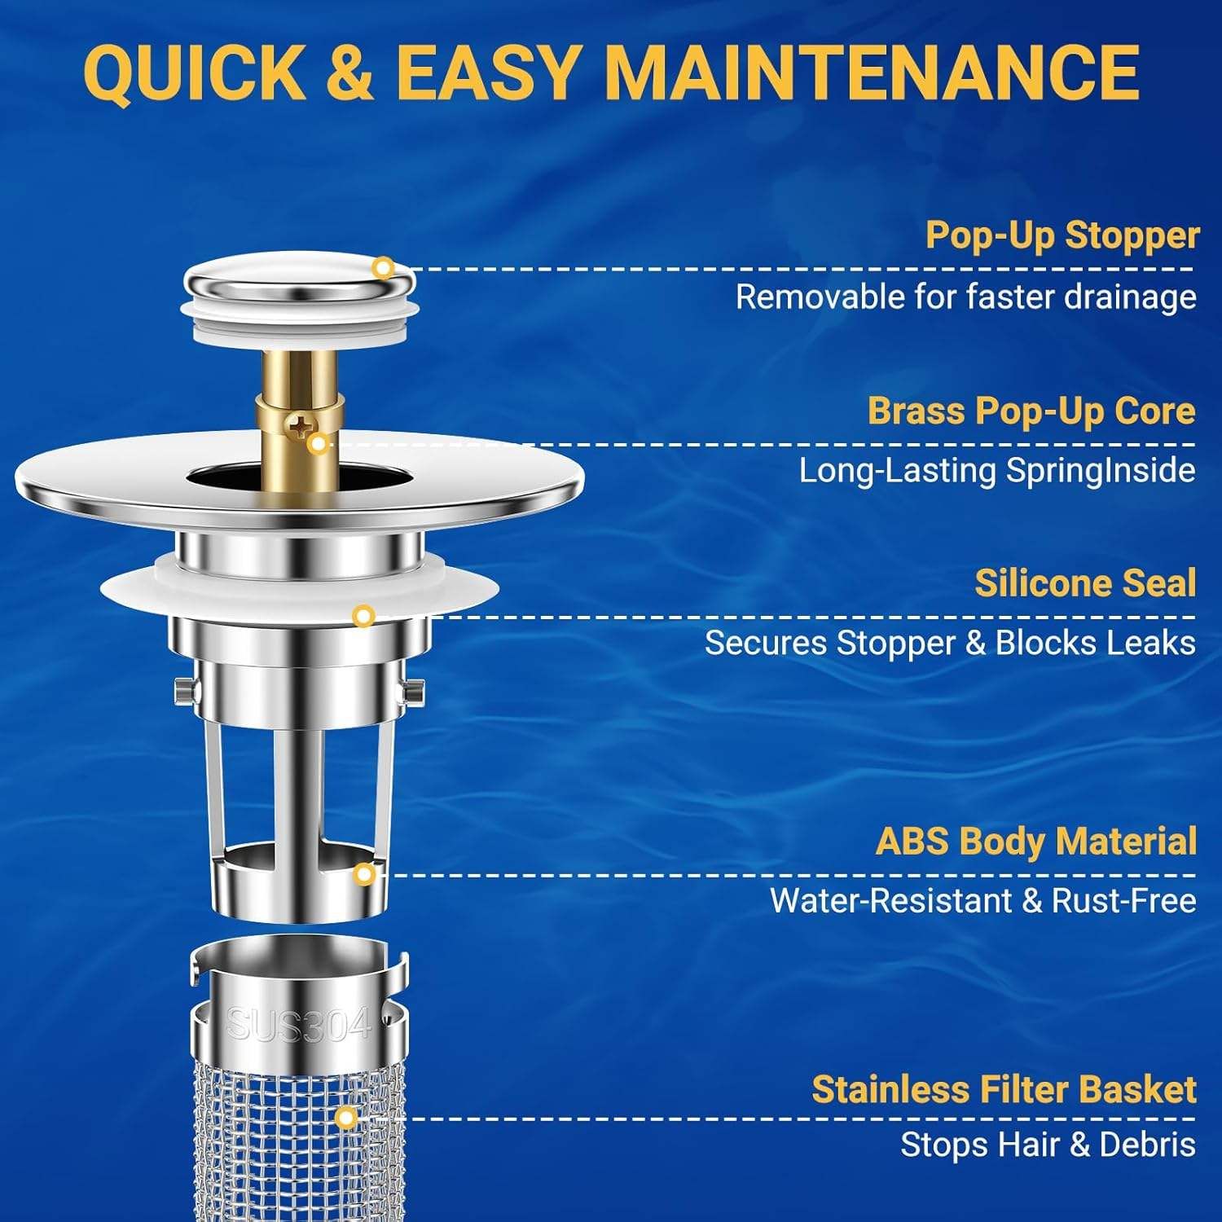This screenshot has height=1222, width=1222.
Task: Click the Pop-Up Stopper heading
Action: coord(1062,236)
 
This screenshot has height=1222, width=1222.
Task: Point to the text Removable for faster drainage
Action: coord(965,297)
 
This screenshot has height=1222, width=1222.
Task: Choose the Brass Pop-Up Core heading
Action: coord(1031,411)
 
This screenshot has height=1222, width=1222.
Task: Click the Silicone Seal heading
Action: coord(1085,584)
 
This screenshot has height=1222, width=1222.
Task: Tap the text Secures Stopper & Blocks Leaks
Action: coord(950,643)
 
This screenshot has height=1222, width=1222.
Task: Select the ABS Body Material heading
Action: coord(1035,842)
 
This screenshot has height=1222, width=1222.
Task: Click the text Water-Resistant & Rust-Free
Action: coord(982,901)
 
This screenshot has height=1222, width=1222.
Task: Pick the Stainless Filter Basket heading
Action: coord(1004,1090)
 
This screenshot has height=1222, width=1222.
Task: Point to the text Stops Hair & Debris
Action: coord(1048,1145)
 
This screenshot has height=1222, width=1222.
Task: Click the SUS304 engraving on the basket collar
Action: coord(298,1024)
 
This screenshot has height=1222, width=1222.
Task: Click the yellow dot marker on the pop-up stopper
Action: coord(383,267)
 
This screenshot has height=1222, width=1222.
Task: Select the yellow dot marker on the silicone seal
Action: coord(363,616)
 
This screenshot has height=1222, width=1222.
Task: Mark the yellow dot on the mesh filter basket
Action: coord(346,1118)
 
